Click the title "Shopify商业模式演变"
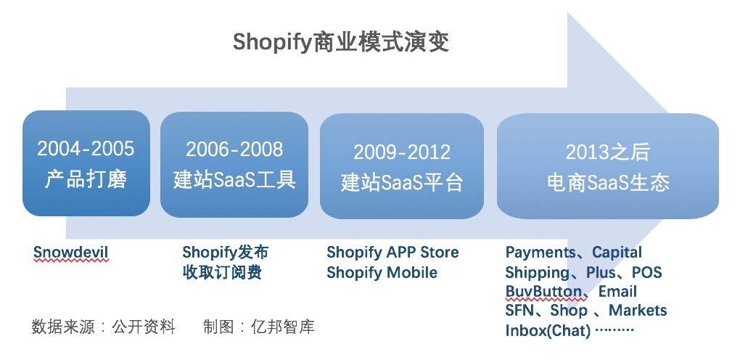click(341, 43)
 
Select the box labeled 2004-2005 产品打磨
click(86, 163)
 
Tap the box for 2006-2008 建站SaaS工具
click(234, 165)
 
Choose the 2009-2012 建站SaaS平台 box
click(402, 165)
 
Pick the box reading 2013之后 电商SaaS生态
click(608, 165)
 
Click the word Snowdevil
click(71, 253)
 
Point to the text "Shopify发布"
click(225, 253)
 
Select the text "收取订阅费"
click(222, 273)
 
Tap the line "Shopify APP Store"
click(392, 253)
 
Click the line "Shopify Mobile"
click(382, 273)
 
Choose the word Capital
click(617, 253)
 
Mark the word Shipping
click(537, 273)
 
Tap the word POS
click(647, 273)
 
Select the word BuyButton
click(543, 292)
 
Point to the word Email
click(618, 292)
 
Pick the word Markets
click(638, 311)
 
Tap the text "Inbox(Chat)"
click(548, 330)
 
